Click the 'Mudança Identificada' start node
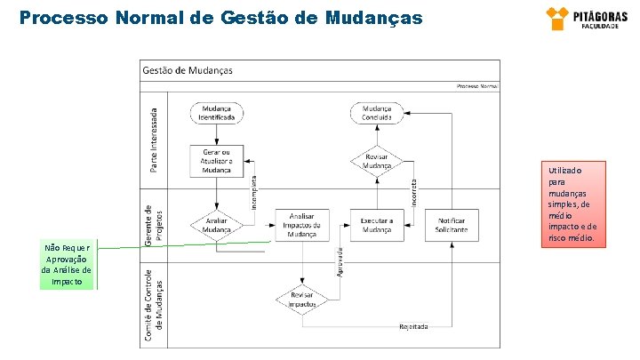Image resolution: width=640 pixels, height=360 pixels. click(x=215, y=113)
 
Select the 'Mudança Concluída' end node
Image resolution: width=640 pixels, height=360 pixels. click(x=377, y=113)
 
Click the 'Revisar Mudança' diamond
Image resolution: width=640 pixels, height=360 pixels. click(x=377, y=162)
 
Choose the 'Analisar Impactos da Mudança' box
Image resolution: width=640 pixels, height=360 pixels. click(x=301, y=225)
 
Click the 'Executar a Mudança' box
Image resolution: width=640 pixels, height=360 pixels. click(x=377, y=225)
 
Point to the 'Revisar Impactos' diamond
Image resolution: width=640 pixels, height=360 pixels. click(x=301, y=300)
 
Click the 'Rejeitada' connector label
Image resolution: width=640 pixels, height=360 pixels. click(x=413, y=326)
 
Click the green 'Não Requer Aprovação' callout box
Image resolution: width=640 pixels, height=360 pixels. click(x=66, y=265)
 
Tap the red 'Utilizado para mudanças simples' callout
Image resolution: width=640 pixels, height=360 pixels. click(x=577, y=204)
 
